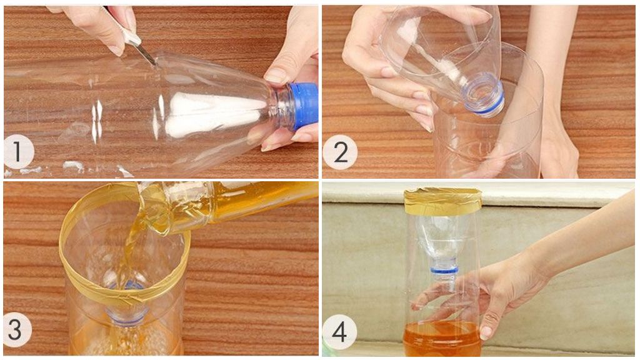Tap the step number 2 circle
pos(340,152)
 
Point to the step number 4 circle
pos(339,331)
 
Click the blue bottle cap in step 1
pos(303,106)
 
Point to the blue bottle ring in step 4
pos(444,270)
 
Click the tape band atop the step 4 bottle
pos(443,201)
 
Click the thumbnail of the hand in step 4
pos(486,332)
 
